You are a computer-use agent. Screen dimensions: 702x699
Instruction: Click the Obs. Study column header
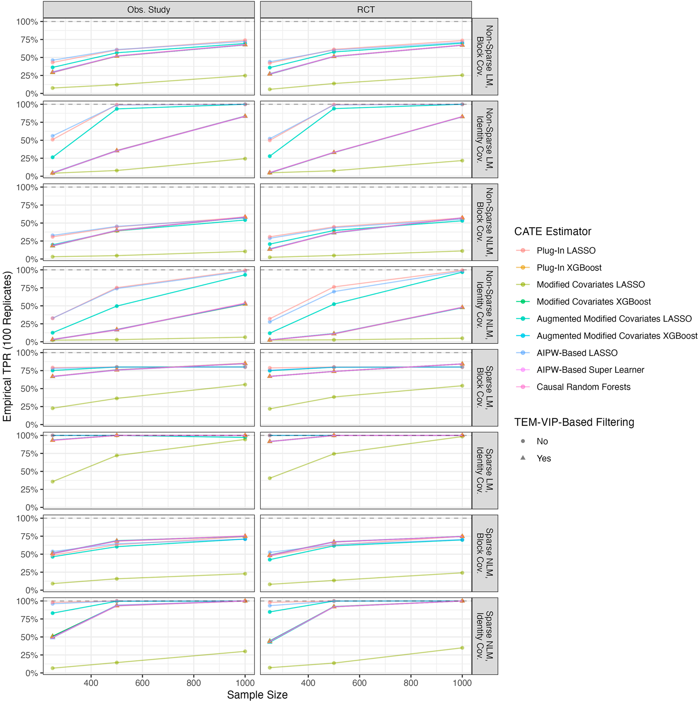[x=149, y=10]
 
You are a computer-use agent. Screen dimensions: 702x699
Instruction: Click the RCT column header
[x=366, y=10]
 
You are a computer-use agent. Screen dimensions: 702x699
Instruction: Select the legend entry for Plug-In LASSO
[x=566, y=251]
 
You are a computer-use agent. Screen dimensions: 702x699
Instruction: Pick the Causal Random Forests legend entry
[x=583, y=387]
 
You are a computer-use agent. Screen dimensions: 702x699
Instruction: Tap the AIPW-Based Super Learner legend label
[x=590, y=370]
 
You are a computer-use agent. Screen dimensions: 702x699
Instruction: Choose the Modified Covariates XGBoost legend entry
[x=593, y=302]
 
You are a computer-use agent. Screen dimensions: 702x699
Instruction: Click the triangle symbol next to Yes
[x=523, y=458]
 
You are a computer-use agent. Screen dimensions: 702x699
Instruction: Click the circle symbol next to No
[x=523, y=441]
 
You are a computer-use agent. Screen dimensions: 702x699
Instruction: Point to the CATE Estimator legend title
[x=552, y=232]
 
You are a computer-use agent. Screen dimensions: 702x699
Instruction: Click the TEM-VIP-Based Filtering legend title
[x=574, y=422]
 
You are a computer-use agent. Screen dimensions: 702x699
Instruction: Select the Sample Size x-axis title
[x=257, y=695]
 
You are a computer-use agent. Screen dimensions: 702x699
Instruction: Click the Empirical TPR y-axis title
[x=8, y=347]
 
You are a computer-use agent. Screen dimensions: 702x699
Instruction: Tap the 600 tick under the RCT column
[x=359, y=683]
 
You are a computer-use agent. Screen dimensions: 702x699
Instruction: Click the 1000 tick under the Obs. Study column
[x=245, y=683]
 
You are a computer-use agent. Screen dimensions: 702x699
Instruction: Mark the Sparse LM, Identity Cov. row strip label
[x=485, y=470]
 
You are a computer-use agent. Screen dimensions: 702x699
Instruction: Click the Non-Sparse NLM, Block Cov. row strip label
[x=485, y=222]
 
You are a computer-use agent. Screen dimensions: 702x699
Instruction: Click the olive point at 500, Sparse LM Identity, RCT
[x=334, y=454]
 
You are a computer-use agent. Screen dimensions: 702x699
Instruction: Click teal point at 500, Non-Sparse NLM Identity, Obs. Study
[x=117, y=306]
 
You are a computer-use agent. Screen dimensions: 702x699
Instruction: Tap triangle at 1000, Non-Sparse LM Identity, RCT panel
[x=462, y=116]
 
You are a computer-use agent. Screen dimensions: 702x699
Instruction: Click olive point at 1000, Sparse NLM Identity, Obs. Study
[x=245, y=652]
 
